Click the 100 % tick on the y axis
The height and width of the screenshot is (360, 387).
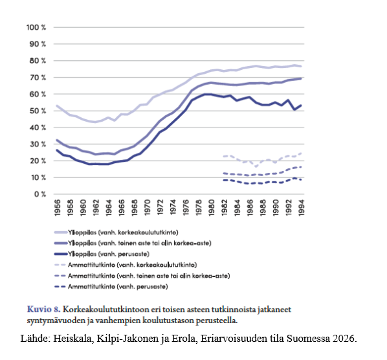coord(36,27)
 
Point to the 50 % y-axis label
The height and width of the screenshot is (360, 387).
coord(38,111)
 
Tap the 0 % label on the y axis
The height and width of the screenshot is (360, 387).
coord(40,194)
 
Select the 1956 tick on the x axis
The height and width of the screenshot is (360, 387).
coord(57,208)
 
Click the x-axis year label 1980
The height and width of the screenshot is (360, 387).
coord(211,208)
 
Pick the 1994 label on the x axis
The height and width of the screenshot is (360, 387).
coord(301,208)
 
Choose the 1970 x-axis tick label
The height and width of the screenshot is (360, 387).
coord(147,208)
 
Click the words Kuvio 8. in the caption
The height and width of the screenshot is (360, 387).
coord(44,309)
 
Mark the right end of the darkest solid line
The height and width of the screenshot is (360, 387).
coord(301,106)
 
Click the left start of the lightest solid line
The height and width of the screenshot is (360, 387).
coord(57,106)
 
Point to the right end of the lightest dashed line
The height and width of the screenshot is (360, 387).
coord(301,153)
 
